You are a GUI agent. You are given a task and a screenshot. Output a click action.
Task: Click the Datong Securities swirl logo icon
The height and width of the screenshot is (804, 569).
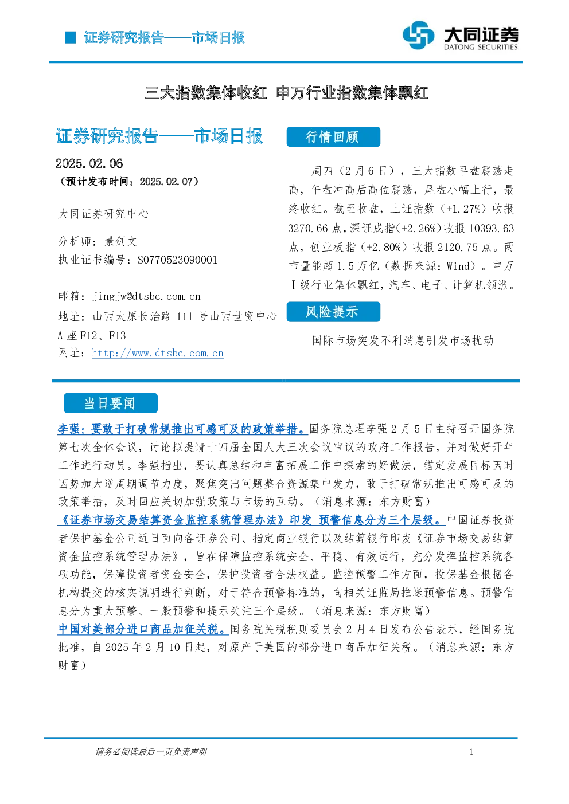418,35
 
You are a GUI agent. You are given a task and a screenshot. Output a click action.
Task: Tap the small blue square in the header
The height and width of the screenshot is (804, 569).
70,37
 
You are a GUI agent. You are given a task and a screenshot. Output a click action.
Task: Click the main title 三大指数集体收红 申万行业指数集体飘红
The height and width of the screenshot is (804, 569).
286,93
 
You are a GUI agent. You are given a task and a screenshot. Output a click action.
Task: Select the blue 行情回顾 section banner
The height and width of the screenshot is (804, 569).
333,137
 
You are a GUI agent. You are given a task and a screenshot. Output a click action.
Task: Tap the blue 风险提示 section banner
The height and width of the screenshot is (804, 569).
333,312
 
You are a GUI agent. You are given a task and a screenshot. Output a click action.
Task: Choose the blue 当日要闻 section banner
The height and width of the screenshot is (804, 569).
111,403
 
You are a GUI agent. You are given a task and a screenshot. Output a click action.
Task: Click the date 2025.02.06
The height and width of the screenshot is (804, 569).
89,164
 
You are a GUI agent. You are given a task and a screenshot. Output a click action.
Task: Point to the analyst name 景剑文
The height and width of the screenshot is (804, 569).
120,241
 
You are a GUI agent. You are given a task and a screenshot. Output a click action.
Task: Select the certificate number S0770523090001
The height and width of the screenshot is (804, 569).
177,260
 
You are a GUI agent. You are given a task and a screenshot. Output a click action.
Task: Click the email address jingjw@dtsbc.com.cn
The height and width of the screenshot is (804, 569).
147,296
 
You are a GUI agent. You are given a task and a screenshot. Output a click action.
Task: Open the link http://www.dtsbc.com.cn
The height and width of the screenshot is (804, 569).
158,353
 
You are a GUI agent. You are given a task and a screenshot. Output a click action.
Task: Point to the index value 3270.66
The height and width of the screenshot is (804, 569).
308,228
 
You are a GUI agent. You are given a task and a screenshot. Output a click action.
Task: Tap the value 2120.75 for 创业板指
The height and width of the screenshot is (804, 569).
458,248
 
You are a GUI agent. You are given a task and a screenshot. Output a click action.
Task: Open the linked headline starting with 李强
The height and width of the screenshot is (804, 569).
182,429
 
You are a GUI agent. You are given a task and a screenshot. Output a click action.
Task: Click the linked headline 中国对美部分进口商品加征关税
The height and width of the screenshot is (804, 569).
143,629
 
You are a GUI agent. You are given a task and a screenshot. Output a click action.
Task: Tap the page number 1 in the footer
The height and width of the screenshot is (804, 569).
471,752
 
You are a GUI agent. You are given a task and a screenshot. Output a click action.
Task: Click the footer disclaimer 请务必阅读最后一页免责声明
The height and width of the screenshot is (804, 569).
151,752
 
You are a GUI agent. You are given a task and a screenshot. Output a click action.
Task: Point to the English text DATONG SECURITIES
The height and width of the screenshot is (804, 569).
481,47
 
